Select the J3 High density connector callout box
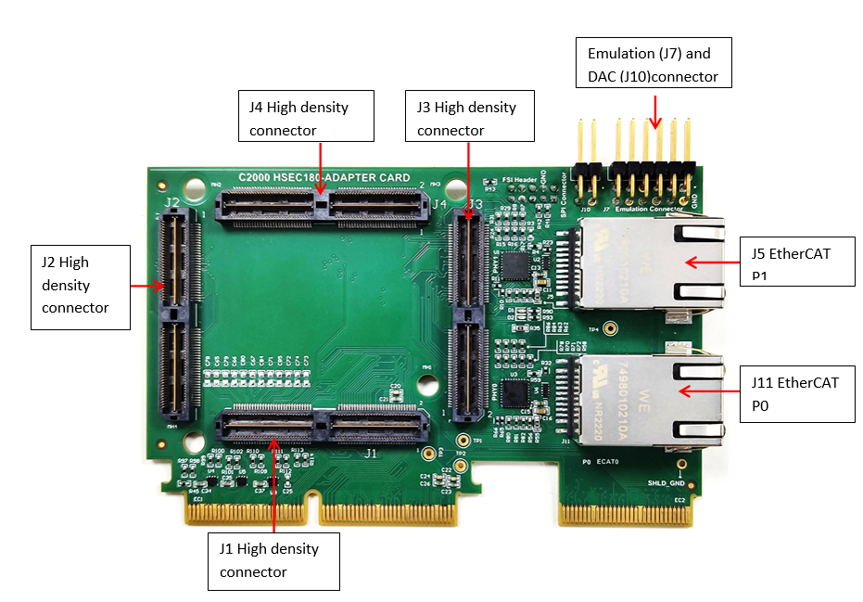click(470, 116)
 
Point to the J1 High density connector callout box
click(273, 560)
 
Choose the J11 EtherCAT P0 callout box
click(796, 392)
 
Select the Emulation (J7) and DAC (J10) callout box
click(654, 63)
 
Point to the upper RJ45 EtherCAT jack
click(649, 264)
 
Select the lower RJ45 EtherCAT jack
click(649, 394)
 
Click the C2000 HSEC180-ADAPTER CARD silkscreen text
click(324, 177)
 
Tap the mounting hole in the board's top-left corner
click(193, 190)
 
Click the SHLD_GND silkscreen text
click(665, 483)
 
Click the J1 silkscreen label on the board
click(370, 454)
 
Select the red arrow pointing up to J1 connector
click(274, 483)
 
